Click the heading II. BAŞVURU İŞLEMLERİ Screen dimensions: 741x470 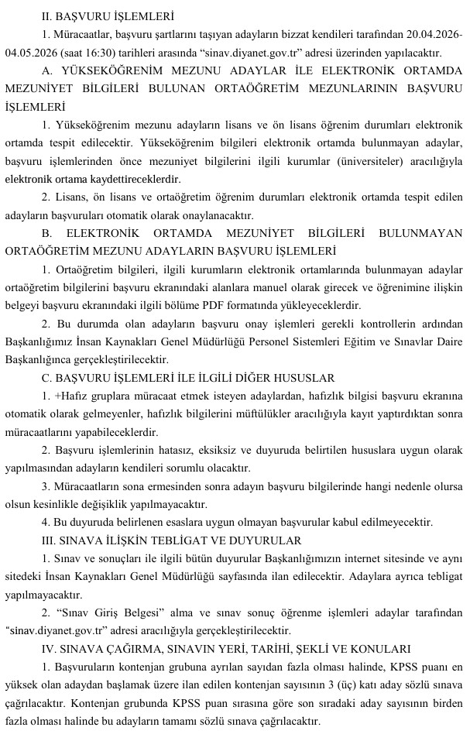[108, 15]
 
